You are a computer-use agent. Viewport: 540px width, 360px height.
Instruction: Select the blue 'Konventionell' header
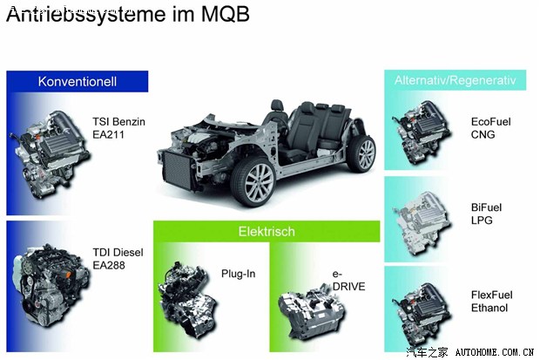(x=77, y=82)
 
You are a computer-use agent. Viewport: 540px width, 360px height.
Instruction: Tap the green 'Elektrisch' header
(x=267, y=232)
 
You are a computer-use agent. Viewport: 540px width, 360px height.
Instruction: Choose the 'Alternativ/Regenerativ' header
(x=456, y=80)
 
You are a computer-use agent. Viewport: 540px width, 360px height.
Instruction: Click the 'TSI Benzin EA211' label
(x=118, y=128)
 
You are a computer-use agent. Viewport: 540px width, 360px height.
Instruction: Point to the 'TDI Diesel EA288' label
(x=118, y=260)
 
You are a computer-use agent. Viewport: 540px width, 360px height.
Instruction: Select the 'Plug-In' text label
(x=238, y=274)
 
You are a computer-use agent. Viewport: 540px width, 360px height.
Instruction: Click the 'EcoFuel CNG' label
(x=489, y=128)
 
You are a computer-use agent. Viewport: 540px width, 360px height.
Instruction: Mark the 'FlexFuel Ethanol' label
(x=488, y=302)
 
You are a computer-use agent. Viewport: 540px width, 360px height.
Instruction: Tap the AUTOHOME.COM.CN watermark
(x=494, y=352)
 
